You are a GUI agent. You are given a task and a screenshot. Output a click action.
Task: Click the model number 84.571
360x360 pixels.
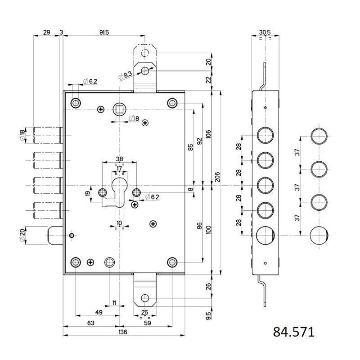point(293,333)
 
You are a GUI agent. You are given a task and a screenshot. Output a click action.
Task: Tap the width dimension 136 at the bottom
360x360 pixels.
point(122,332)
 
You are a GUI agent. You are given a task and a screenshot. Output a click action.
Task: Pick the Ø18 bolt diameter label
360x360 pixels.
point(22,136)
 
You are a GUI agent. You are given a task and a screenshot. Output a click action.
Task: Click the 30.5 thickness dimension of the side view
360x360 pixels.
point(265,32)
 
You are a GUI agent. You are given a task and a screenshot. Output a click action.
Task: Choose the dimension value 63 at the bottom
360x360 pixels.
point(91,323)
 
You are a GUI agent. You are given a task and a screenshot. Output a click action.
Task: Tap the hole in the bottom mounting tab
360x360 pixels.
point(144,298)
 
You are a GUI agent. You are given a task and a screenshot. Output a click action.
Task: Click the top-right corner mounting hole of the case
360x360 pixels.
point(172,103)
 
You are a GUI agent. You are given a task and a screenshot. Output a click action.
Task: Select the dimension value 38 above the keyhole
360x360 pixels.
point(119,159)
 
